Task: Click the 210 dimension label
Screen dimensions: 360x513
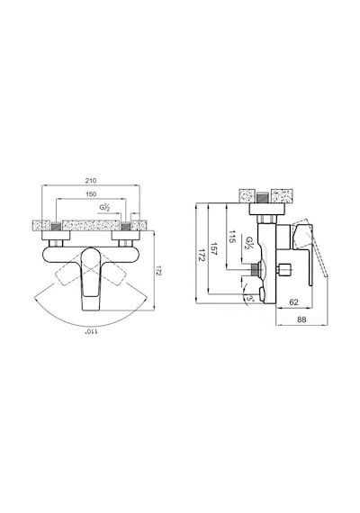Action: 91,180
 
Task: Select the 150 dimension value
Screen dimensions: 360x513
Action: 91,194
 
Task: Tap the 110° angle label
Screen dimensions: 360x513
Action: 91,332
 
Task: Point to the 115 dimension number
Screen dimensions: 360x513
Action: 231,236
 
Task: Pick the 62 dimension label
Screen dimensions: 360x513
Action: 294,302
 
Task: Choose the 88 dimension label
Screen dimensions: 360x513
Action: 301,319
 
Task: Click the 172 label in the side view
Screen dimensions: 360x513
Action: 201,254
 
